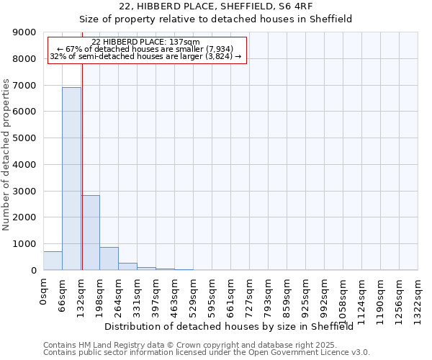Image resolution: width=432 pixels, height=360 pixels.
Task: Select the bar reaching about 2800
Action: click(90, 233)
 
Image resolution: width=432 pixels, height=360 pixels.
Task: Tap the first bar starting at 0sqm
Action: click(53, 261)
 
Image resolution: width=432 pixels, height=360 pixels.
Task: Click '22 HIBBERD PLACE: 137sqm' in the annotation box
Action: click(146, 42)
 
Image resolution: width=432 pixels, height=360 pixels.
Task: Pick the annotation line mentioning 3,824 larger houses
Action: click(146, 56)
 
